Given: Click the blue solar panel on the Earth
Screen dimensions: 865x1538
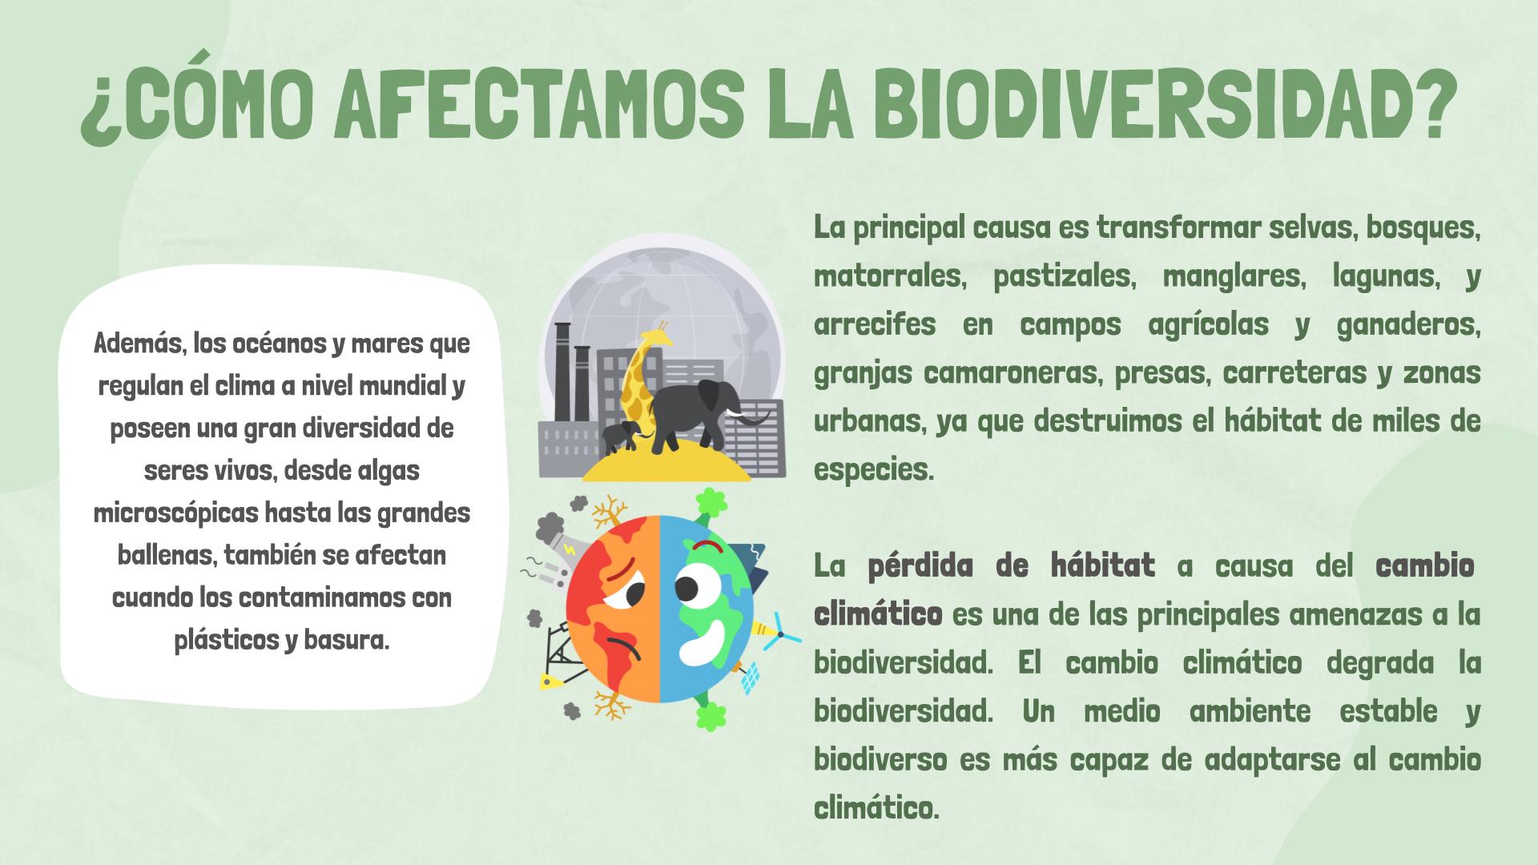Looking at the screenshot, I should click(751, 679).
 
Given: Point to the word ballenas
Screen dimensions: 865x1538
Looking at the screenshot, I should click(164, 555).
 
